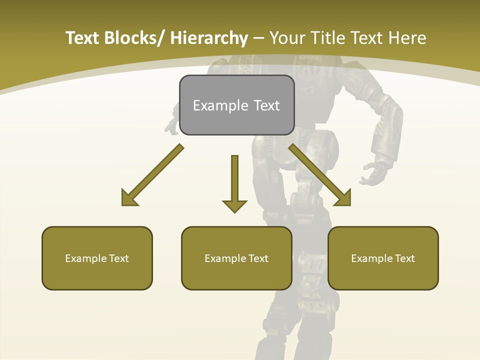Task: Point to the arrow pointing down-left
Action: [x=152, y=175]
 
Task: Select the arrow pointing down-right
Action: [x=320, y=175]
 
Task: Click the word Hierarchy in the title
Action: [x=209, y=38]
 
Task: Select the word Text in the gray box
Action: [x=266, y=105]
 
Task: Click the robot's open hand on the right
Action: [x=374, y=172]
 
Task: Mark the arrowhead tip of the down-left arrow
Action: [x=123, y=204]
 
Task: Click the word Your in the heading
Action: [x=288, y=38]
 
